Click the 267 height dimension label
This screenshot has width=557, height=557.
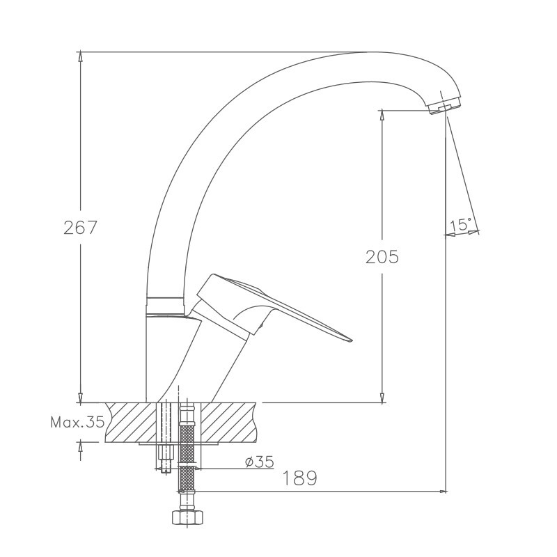[80, 228]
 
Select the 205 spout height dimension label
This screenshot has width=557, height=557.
[382, 257]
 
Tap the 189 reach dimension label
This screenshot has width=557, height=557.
[299, 478]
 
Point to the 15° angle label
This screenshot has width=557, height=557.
[461, 224]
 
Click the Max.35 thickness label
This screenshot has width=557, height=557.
[77, 422]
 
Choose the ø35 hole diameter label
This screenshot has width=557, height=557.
[260, 462]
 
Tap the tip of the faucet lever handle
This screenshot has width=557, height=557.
[352, 340]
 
